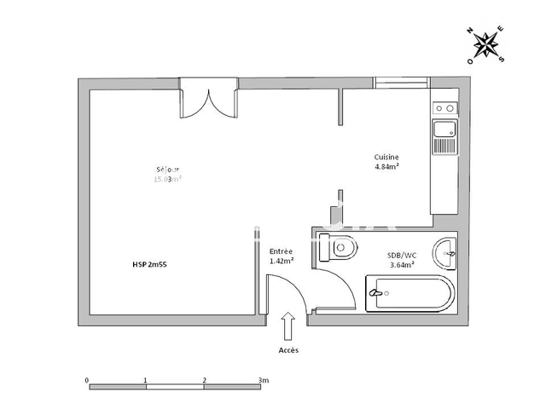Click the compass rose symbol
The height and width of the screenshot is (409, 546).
tap(486, 43)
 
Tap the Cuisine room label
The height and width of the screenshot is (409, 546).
tap(386, 158)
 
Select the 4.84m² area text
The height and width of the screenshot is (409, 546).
tap(386, 167)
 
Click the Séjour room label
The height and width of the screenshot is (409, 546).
tap(167, 170)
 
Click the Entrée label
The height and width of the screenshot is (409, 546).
tap(281, 251)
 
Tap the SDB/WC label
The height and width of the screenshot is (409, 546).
tap(402, 255)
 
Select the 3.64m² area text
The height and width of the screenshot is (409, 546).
tap(402, 264)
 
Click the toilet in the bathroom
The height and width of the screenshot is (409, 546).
tap(337, 249)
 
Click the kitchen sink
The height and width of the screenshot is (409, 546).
tap(444, 135)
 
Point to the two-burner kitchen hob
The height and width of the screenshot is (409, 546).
tap(444, 108)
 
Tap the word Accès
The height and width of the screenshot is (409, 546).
tap(288, 350)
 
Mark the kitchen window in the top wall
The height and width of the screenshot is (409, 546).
tap(401, 83)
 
